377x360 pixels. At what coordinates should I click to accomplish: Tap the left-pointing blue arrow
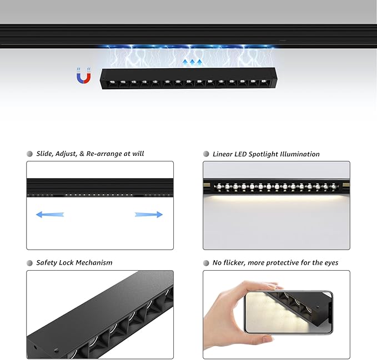[50, 215]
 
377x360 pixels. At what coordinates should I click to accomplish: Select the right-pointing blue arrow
[149, 215]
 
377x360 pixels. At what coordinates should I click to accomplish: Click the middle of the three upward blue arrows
[192, 63]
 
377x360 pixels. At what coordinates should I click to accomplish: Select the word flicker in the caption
[234, 263]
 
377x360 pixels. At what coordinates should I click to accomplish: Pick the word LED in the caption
[240, 154]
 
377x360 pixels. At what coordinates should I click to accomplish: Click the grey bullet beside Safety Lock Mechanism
[29, 263]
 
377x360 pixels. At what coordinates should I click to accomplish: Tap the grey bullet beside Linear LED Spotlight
[206, 154]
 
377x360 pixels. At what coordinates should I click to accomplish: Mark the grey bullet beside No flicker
[206, 263]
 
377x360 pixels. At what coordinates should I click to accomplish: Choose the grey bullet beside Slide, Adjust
[29, 154]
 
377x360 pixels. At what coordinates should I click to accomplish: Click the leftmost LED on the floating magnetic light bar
[112, 83]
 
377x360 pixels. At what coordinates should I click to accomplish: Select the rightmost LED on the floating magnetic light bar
[264, 81]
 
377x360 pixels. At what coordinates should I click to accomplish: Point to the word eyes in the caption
[331, 263]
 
